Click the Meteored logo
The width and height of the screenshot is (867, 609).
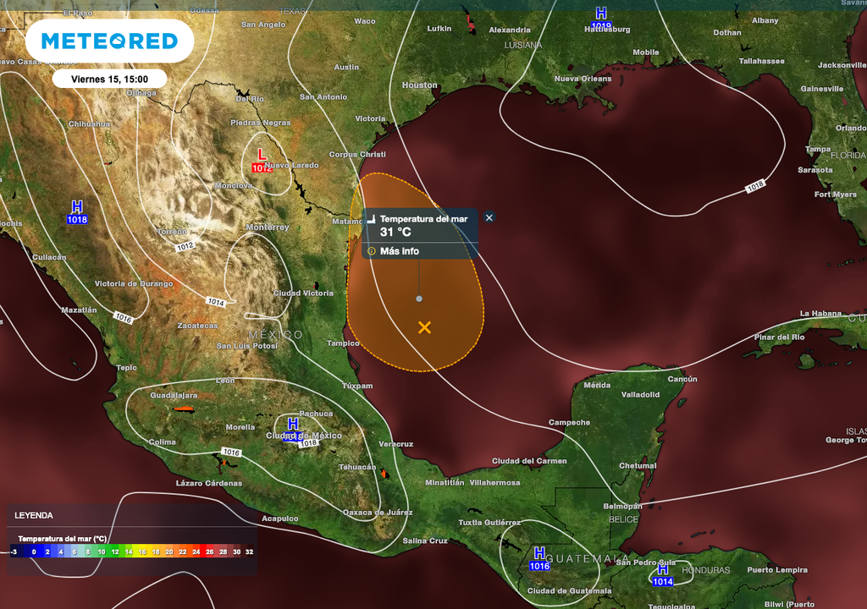[x=109, y=41]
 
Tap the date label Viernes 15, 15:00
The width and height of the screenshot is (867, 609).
[x=109, y=79]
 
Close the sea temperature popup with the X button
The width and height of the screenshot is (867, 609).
[x=489, y=217]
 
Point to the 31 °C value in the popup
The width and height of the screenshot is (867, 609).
[x=395, y=232]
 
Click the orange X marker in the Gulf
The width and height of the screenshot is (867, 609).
[x=424, y=327]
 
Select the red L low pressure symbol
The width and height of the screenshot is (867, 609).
[x=262, y=156]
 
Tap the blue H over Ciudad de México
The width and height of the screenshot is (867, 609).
[x=293, y=423]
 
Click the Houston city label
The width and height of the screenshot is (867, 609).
[x=419, y=85]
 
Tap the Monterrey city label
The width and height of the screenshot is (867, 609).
[x=268, y=228]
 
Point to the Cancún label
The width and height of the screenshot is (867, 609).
[x=682, y=379]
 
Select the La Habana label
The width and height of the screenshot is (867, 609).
[x=820, y=314]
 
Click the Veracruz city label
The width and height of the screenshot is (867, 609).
[x=395, y=444]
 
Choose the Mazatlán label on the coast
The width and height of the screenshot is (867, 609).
[x=78, y=310]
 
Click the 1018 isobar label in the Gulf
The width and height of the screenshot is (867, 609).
[x=755, y=186]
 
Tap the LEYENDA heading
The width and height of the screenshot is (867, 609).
[x=34, y=515]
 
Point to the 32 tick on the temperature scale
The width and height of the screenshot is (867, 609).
[x=249, y=551]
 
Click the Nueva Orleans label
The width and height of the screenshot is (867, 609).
[x=583, y=79]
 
